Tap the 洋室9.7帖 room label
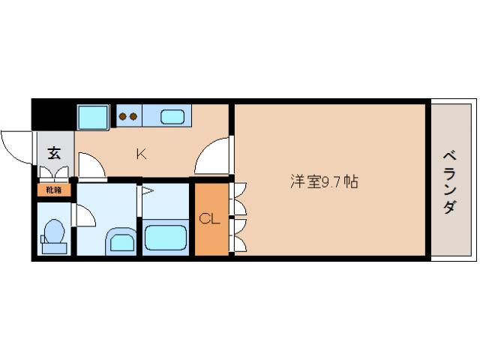tap(323, 181)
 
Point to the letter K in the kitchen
tap(140, 154)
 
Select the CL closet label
tap(209, 219)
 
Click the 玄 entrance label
tap(54, 154)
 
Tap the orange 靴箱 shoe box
tap(54, 190)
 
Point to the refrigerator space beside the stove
tap(94, 117)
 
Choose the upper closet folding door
tap(240, 199)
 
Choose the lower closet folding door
tap(240, 234)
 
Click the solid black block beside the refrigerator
tap(52, 117)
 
